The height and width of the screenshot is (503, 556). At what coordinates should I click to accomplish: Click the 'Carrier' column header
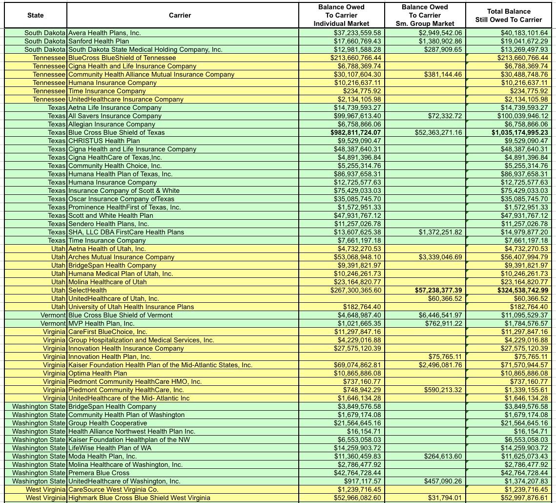pyautogui.click(x=180, y=15)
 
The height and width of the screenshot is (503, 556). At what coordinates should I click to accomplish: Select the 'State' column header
pyautogui.click(x=35, y=15)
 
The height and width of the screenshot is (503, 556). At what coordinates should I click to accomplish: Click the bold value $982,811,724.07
pyautogui.click(x=355, y=132)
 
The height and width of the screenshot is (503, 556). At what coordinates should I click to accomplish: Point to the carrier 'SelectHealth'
pyautogui.click(x=87, y=290)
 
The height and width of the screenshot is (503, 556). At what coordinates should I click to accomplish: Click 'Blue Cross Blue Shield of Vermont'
pyautogui.click(x=120, y=315)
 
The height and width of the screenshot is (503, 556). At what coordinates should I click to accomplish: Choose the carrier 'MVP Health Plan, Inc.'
pyautogui.click(x=101, y=323)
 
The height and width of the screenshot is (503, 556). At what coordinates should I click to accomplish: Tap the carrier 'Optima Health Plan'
pyautogui.click(x=98, y=373)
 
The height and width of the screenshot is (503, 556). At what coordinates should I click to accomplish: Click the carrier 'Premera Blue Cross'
pyautogui.click(x=99, y=473)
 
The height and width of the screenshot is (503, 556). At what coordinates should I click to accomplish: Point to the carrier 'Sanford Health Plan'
pyautogui.click(x=99, y=41)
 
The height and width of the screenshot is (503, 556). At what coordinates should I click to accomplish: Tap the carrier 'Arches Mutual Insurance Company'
pyautogui.click(x=121, y=257)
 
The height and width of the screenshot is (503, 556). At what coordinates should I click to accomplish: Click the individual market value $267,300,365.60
pyautogui.click(x=355, y=290)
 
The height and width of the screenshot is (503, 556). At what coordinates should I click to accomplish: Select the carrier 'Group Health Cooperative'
pyautogui.click(x=107, y=423)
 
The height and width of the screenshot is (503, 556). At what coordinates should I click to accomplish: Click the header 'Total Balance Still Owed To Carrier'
pyautogui.click(x=509, y=15)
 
